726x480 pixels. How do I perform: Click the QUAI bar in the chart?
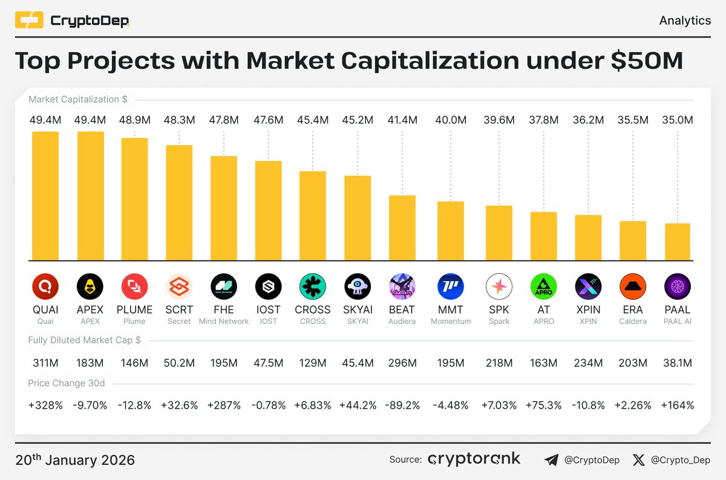[x=45, y=196]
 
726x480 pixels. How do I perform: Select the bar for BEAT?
[x=402, y=228]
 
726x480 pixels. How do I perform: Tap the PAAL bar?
[x=678, y=242]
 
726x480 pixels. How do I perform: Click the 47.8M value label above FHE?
[x=224, y=120]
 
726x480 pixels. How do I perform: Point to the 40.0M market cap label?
[x=451, y=120]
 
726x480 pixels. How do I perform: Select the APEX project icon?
[x=90, y=287]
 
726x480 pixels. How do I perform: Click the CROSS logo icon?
[x=313, y=287]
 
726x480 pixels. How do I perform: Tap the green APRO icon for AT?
[x=543, y=287]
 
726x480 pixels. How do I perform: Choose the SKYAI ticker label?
[x=358, y=310]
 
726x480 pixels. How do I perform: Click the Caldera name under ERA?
[x=633, y=321]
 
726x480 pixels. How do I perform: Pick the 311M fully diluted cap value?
[x=45, y=363]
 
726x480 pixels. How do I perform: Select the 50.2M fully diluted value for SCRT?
[x=179, y=363]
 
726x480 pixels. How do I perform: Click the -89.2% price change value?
[x=402, y=405]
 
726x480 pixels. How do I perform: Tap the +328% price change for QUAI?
[x=45, y=405]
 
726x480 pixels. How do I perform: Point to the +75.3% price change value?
[x=543, y=405]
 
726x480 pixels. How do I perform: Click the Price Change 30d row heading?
[x=66, y=383]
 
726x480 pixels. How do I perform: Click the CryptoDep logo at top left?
[x=72, y=21]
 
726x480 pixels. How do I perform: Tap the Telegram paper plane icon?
[x=551, y=460]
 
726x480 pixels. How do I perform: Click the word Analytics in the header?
[x=684, y=21]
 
